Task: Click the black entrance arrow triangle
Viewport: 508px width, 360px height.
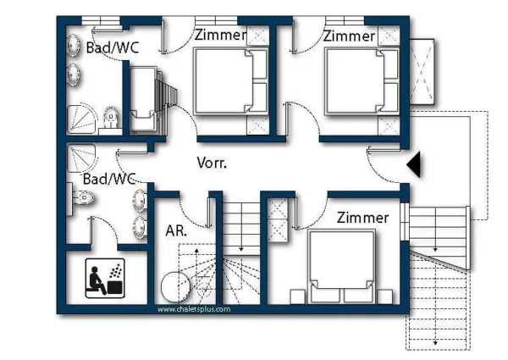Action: point(414,165)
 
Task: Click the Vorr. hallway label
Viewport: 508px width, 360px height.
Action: point(212,163)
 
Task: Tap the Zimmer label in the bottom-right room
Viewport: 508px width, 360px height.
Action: point(362,218)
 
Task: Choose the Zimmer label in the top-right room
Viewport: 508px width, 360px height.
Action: point(349,36)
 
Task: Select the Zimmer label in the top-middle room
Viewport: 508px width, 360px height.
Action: point(220,36)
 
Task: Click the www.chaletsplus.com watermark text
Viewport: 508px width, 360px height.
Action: point(193,309)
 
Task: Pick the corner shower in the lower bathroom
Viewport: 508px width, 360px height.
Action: point(84,158)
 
